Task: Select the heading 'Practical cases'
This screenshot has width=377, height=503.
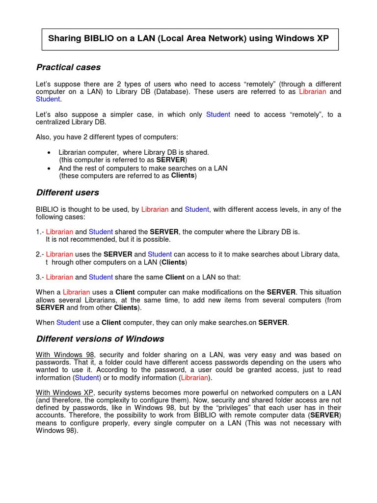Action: click(68, 67)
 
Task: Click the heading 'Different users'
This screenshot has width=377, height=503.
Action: click(68, 193)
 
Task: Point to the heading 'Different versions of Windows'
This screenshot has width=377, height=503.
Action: click(100, 339)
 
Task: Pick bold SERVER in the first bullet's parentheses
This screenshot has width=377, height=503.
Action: click(170, 160)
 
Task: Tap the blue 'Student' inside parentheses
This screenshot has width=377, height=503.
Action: click(86, 378)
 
